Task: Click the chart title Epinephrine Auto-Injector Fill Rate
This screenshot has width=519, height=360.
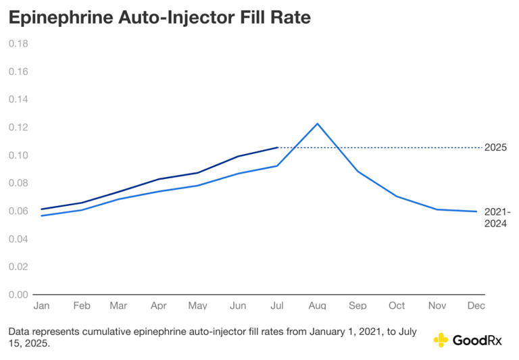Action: coord(159,18)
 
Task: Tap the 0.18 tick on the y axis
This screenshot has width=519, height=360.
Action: coord(18,43)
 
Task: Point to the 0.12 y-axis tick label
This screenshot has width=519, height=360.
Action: coord(18,127)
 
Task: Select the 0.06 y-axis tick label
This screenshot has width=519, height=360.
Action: coord(18,211)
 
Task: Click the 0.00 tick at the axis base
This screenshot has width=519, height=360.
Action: coord(18,294)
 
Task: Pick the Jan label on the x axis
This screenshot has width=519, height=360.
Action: coord(42,305)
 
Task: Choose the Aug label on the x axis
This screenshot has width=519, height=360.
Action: coord(318,305)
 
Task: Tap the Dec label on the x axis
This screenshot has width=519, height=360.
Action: coord(476,305)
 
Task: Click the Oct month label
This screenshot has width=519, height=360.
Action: coord(397,305)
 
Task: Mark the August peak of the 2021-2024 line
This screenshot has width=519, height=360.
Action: coord(318,124)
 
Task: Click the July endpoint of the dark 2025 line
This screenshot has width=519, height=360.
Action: coord(278,147)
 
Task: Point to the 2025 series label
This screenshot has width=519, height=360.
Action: coord(496,147)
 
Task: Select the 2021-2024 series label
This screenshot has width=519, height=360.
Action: coord(497,217)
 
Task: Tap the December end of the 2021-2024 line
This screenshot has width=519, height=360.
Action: coord(476,211)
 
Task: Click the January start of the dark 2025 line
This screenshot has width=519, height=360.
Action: coord(42,209)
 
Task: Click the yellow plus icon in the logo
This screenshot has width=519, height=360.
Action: coord(441,340)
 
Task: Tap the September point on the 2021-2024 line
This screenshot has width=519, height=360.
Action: coord(357,171)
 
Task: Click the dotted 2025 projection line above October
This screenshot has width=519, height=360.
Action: coord(397,147)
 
